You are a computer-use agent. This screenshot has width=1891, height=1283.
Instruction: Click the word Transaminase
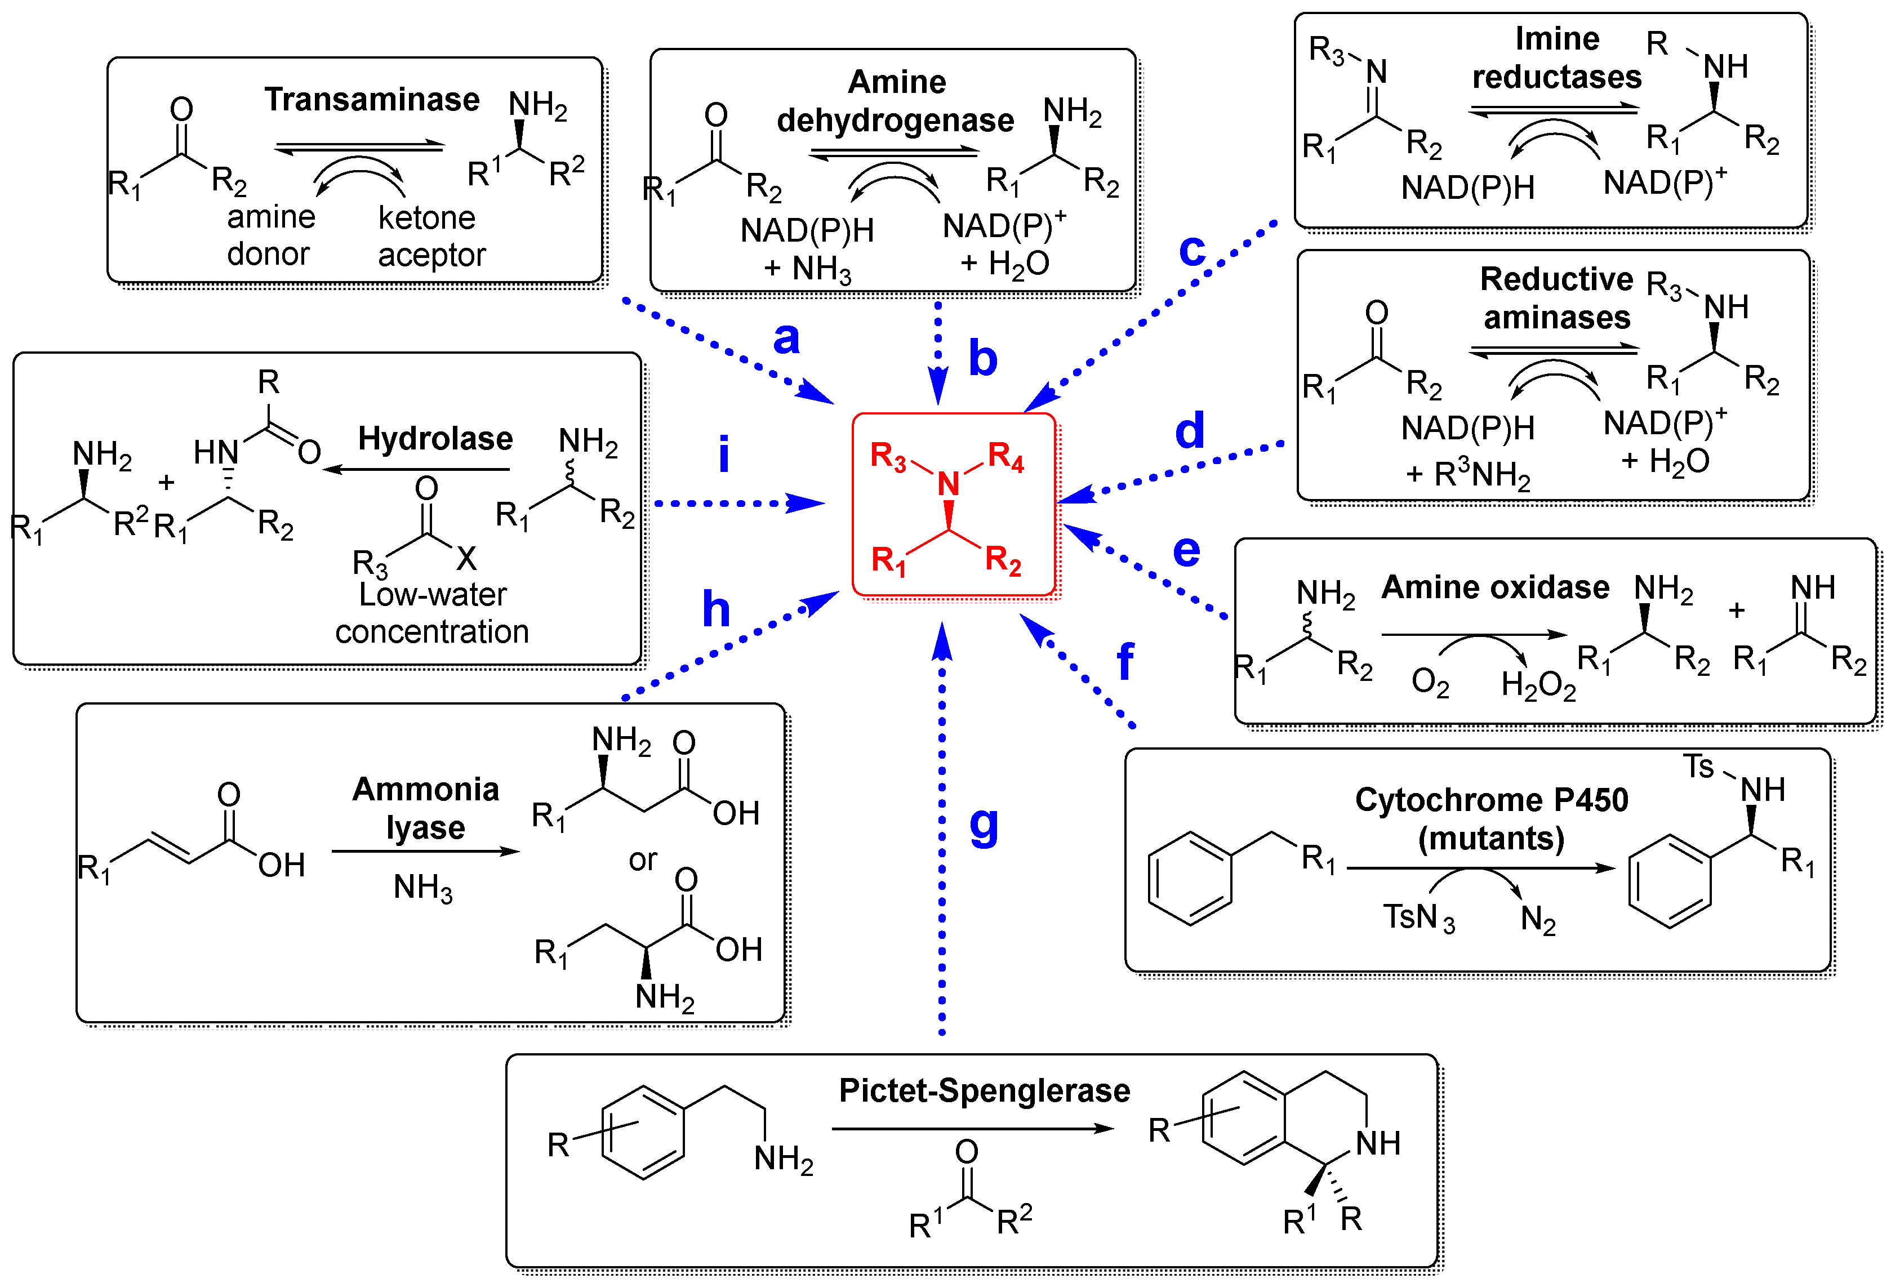372,99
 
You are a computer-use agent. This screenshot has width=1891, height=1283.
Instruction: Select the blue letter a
786,337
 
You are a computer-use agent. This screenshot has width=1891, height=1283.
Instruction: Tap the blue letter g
984,826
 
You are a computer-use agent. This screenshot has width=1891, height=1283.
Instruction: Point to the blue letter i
723,454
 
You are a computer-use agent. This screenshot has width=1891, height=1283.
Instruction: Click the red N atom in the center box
948,484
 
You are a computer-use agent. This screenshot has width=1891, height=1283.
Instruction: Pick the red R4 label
1005,457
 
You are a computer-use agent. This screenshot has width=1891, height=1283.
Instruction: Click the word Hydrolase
435,439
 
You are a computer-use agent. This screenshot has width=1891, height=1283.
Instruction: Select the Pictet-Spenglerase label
984,1090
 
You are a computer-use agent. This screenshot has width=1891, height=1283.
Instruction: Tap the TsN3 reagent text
1418,917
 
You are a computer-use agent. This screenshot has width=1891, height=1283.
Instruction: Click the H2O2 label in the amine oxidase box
1538,685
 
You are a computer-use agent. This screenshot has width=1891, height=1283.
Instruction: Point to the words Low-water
432,595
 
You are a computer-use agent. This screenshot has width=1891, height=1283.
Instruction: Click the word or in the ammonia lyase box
642,860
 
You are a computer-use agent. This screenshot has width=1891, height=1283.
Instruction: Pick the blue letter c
1192,250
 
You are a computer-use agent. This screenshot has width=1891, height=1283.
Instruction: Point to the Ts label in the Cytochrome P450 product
1698,767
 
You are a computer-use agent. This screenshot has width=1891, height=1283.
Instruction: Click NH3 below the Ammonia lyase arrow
422,888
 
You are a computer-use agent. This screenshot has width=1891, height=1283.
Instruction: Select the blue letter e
1186,551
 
